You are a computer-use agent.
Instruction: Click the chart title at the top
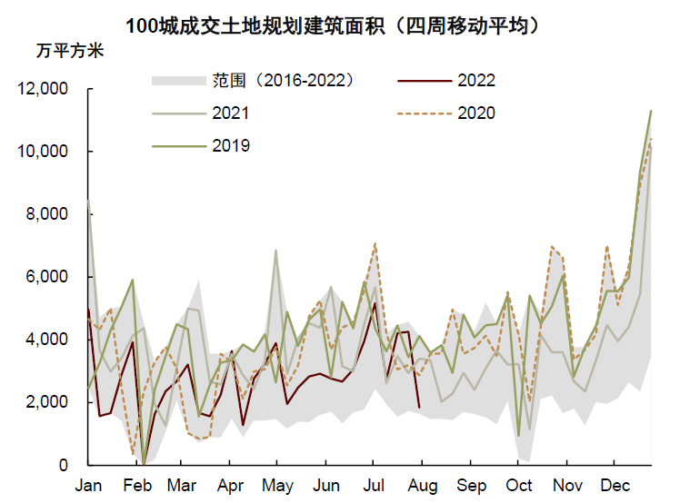(x=339, y=25)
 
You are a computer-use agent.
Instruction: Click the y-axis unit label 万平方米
(x=69, y=51)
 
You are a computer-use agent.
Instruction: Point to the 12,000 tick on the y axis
(x=43, y=89)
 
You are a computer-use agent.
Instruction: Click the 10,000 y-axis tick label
(x=43, y=152)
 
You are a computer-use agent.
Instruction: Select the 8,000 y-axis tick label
(x=47, y=214)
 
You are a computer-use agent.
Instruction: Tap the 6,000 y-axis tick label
(x=47, y=277)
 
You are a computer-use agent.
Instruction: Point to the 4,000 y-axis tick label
(x=47, y=340)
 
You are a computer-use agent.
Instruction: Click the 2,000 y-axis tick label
(x=47, y=402)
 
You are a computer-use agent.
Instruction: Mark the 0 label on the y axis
(x=65, y=465)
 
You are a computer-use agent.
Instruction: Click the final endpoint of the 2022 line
(x=418, y=408)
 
